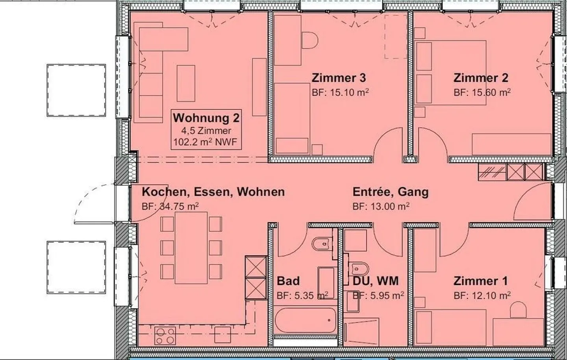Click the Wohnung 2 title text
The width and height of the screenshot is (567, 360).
(206, 118)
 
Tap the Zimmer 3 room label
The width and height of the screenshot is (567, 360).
(339, 78)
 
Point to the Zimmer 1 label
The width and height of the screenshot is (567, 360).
(480, 281)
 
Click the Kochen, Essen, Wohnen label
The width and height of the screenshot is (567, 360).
(213, 192)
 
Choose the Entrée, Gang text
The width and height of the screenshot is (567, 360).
(391, 192)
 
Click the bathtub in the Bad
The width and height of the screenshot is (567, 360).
(306, 320)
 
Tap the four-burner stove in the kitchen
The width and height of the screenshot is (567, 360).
(165, 336)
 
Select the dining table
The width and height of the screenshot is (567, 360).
(191, 248)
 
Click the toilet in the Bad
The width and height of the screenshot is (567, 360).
(322, 244)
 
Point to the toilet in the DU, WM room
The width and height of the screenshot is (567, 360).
(359, 268)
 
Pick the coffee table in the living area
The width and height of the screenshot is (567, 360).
(186, 83)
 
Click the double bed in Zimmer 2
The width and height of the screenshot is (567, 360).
(450, 73)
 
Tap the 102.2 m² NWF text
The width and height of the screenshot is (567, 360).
(205, 142)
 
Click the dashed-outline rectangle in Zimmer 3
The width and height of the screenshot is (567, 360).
(396, 37)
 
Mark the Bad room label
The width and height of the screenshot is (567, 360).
(288, 281)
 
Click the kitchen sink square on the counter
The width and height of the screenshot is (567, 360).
(222, 335)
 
